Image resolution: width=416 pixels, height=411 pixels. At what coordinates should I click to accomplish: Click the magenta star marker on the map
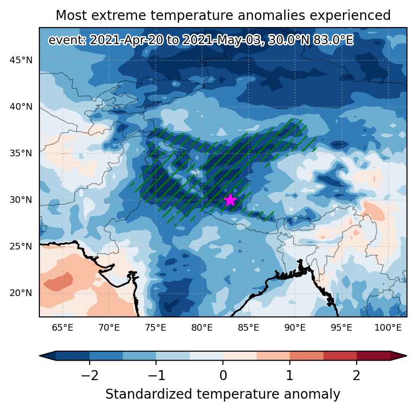(x=230, y=200)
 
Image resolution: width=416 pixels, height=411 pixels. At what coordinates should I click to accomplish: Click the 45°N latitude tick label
(x=21, y=60)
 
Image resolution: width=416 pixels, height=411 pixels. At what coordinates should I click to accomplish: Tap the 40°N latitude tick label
(x=21, y=107)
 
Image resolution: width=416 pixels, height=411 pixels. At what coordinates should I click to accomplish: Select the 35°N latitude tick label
(x=21, y=153)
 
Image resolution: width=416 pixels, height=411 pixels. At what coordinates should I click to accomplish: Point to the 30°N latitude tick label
(x=21, y=200)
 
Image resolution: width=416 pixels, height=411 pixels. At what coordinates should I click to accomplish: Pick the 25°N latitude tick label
(x=21, y=246)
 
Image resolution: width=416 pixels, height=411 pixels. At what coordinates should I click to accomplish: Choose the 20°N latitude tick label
(x=21, y=293)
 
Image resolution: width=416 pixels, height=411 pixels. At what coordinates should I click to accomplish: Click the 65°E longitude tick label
(x=63, y=327)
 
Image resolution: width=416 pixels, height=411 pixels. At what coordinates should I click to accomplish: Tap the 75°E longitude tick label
(x=156, y=327)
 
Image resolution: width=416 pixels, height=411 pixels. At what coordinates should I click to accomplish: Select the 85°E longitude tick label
(x=249, y=327)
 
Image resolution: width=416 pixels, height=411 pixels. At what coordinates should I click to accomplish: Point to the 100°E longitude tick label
(x=388, y=327)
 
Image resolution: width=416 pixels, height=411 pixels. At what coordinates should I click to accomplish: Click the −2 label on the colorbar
(x=90, y=376)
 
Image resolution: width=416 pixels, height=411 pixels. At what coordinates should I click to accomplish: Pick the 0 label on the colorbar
(x=223, y=376)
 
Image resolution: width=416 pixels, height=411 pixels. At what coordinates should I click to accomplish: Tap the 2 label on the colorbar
(x=357, y=376)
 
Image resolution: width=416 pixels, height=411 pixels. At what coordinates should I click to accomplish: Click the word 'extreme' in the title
(x=119, y=15)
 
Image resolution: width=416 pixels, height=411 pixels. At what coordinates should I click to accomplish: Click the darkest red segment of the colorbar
(x=374, y=355)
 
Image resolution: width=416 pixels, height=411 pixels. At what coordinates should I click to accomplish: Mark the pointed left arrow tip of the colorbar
(x=40, y=355)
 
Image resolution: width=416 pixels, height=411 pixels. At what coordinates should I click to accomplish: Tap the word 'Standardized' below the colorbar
(x=149, y=394)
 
